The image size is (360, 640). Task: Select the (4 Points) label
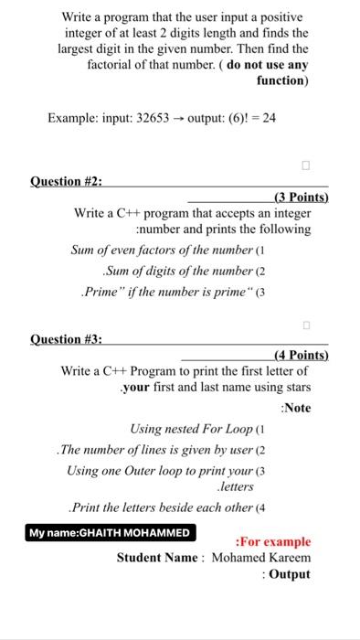click(301, 355)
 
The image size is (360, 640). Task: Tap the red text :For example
click(273, 541)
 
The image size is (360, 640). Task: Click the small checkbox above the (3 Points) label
click(306, 166)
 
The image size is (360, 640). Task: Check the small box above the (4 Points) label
click(306, 325)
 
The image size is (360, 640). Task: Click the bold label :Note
click(295, 408)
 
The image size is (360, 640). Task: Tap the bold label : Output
click(285, 575)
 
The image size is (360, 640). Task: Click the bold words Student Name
click(158, 558)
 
